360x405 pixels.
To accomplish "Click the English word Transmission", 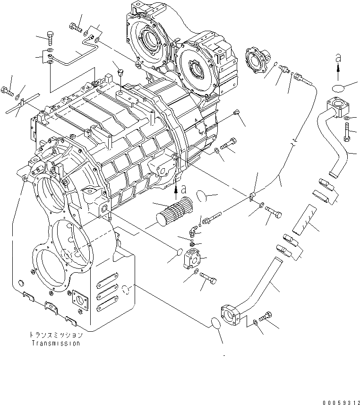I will pyautogui.click(x=56, y=344).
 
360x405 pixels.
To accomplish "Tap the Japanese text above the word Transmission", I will pyautogui.click(x=56, y=335).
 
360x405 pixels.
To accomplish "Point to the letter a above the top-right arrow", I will pyautogui.click(x=338, y=58).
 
